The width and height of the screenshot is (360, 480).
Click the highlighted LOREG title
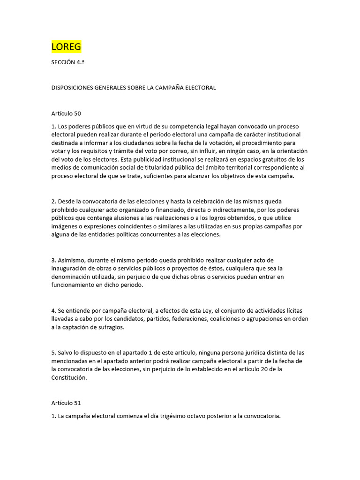tap(66, 47)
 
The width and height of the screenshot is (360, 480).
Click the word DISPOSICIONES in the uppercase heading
tap(73, 88)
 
